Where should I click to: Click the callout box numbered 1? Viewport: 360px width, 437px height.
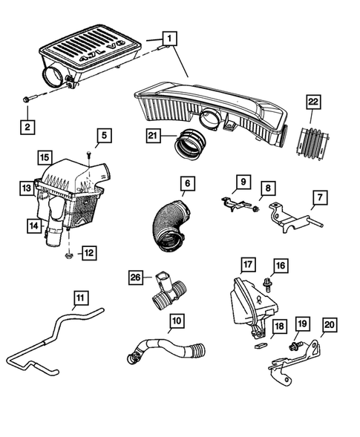(171, 38)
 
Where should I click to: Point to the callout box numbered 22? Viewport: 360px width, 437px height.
(314, 102)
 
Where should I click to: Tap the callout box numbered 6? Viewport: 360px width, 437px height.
(186, 183)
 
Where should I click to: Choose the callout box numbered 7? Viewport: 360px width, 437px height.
(320, 198)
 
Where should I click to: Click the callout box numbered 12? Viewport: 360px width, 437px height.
(88, 254)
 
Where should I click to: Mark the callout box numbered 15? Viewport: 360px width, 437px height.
(45, 157)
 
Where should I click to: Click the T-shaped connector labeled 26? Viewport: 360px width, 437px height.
(168, 294)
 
